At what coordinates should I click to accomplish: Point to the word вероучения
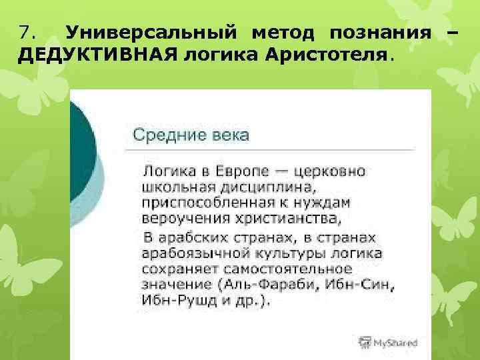pyautogui.click(x=181, y=218)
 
